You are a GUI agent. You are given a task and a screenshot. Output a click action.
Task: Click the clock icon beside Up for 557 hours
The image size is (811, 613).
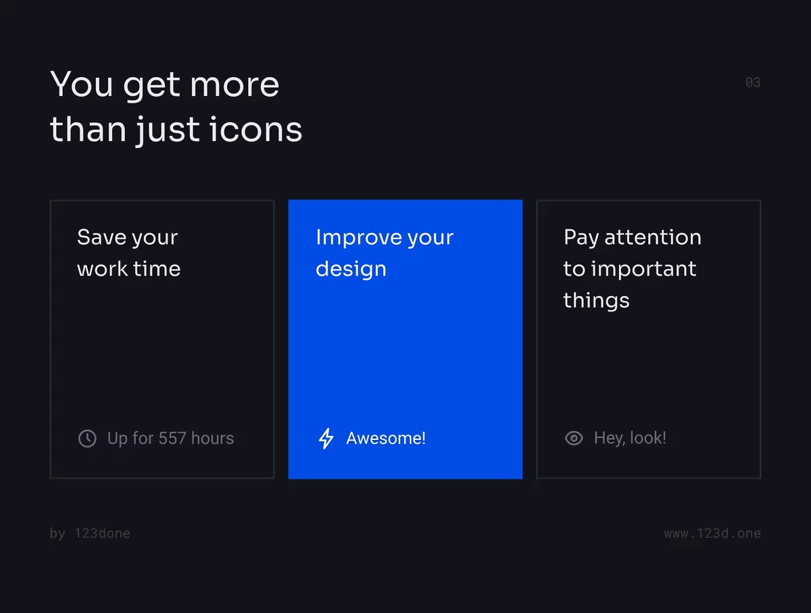tap(87, 439)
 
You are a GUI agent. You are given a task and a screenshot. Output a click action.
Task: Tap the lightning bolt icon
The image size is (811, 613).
tap(326, 439)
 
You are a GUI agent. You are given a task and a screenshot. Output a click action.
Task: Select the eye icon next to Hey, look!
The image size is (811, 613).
tap(574, 439)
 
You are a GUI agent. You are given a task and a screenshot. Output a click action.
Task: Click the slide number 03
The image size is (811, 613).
tap(753, 82)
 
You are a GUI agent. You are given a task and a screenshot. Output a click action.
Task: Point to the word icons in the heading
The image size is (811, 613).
tap(255, 129)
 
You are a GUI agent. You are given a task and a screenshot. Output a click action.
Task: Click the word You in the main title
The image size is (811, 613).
tap(81, 84)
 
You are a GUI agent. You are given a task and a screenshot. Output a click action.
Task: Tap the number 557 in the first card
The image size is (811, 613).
tap(172, 438)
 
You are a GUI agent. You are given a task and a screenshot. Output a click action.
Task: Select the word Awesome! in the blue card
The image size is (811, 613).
tap(386, 439)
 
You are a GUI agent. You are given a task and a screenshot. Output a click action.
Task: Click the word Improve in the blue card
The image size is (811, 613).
tap(358, 238)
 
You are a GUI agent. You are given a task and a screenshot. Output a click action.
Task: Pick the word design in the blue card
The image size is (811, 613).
tap(351, 269)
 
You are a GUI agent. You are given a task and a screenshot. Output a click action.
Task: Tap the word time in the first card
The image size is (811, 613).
tap(157, 268)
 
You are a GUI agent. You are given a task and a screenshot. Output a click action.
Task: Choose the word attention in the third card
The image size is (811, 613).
tap(653, 237)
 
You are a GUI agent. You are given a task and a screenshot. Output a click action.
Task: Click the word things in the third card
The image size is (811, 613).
tap(596, 300)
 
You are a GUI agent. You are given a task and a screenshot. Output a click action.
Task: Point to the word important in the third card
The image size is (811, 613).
tap(643, 270)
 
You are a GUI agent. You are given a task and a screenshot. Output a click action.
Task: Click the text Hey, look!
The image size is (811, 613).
tap(630, 438)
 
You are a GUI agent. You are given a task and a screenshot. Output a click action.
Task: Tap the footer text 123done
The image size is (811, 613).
tap(102, 533)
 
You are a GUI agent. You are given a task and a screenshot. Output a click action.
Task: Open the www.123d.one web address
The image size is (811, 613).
tap(712, 533)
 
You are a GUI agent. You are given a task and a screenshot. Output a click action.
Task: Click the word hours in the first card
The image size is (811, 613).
tap(212, 438)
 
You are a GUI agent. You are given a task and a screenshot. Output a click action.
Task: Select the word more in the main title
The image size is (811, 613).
tap(235, 86)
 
